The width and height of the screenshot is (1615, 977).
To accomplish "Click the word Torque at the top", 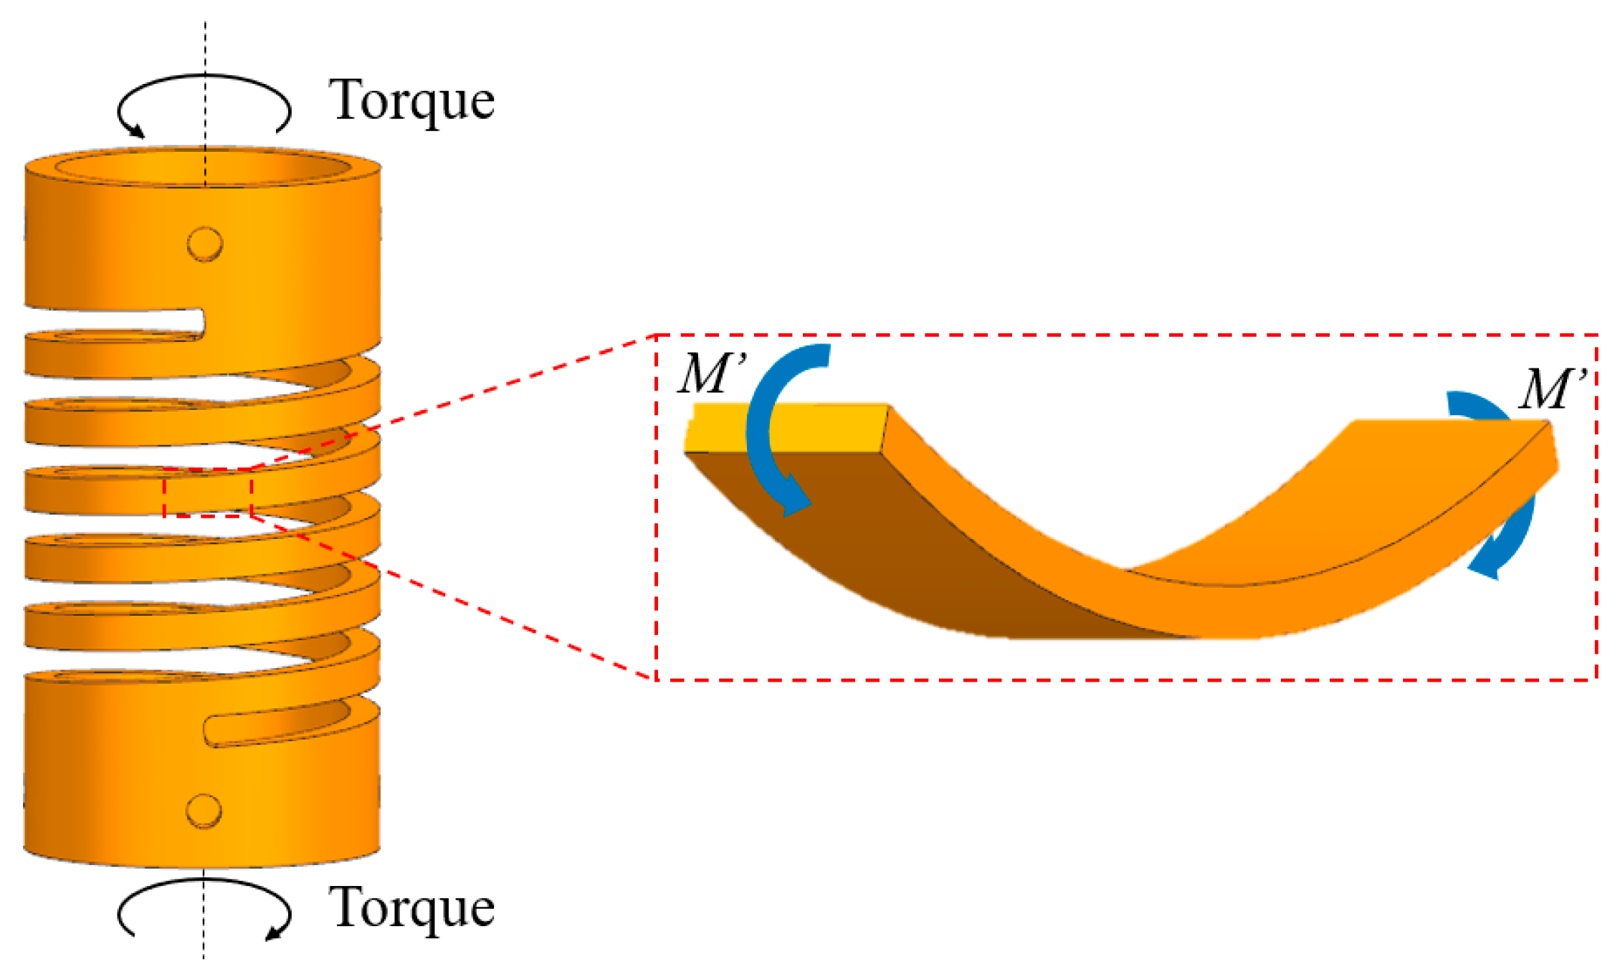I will pos(411,101).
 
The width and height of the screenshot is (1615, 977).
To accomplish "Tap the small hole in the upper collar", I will pos(205,244).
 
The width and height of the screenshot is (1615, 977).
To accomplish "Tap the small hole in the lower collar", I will pos(204,811).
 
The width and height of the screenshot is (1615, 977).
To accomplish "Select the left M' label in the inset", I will pos(712,373).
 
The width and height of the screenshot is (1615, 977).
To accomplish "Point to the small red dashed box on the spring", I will pos(207,492).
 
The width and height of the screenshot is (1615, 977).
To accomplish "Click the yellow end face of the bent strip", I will pos(785,429).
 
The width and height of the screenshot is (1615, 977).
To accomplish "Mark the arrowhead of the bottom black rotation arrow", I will pos(275,933).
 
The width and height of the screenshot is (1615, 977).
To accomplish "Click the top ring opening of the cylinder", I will pos(203,167).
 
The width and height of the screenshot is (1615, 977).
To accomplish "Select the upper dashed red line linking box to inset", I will pos(452,401).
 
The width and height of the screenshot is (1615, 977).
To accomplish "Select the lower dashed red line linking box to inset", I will pos(452,595).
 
